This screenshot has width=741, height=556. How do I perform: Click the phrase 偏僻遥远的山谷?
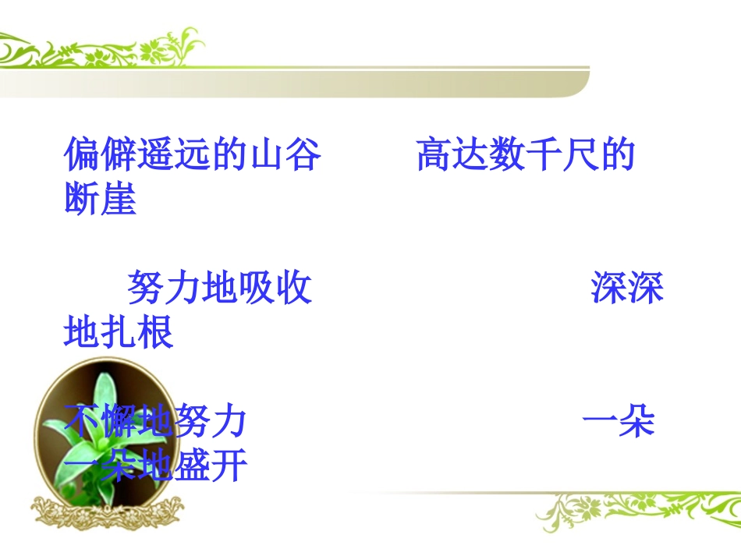tap(192, 155)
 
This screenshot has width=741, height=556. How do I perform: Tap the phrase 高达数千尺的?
tap(525, 155)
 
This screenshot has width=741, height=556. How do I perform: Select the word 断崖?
tap(100, 200)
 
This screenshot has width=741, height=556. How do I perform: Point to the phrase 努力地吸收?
tap(219, 289)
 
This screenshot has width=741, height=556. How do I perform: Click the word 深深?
tap(626, 289)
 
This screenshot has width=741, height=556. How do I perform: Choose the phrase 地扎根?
tap(118, 333)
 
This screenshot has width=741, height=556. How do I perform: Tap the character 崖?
tap(119, 200)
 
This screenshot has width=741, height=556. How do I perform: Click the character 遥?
tap(155, 155)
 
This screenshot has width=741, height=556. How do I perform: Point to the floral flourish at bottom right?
tap(632, 511)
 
